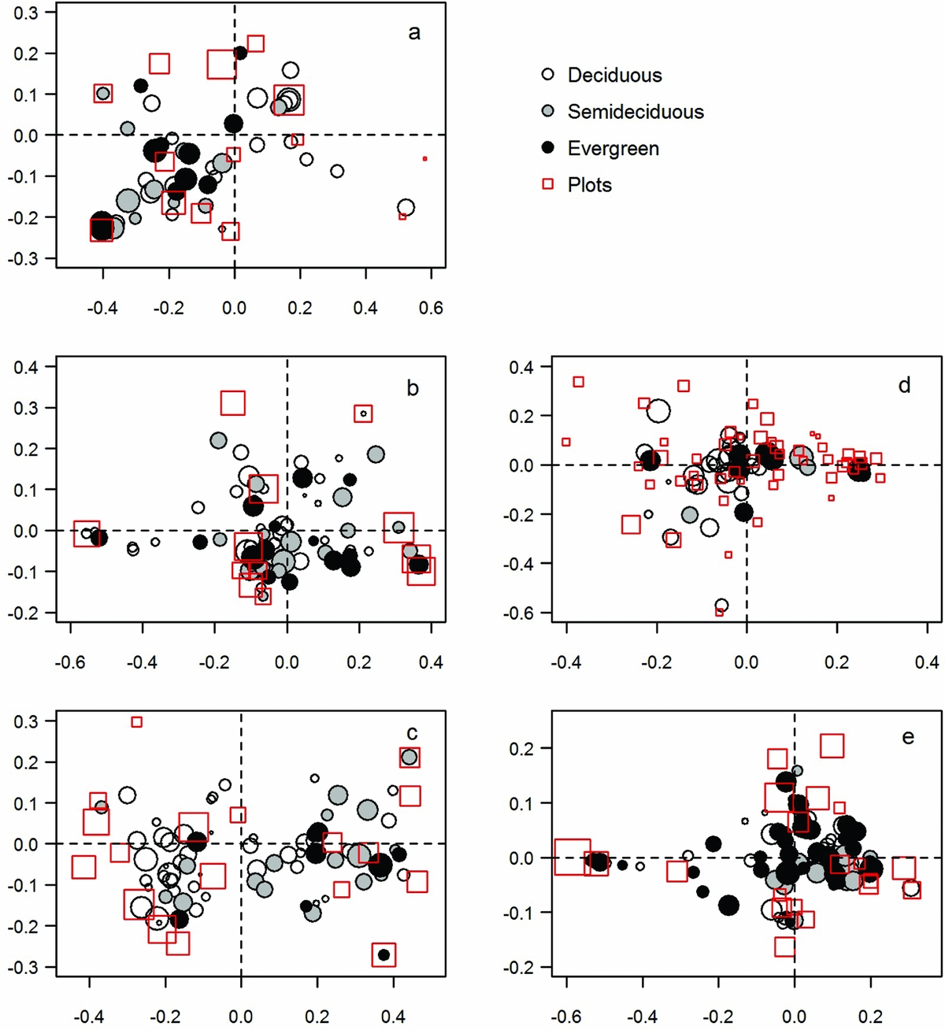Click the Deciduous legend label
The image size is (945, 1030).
pyautogui.click(x=614, y=76)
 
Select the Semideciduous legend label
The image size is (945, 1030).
pyautogui.click(x=636, y=112)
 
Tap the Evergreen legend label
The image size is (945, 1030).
pyautogui.click(x=613, y=149)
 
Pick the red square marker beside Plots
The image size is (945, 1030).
pyautogui.click(x=549, y=184)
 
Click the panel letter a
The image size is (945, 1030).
pyautogui.click(x=414, y=32)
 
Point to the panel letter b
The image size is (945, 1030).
pyautogui.click(x=413, y=388)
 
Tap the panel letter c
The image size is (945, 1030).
pyautogui.click(x=412, y=733)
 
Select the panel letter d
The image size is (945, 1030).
pyautogui.click(x=904, y=384)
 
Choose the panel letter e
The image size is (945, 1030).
pyautogui.click(x=908, y=737)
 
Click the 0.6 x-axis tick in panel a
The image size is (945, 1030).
pyautogui.click(x=431, y=308)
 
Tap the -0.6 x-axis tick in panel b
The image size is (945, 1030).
pyautogui.click(x=70, y=662)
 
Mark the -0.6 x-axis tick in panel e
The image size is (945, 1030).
pyautogui.click(x=565, y=1017)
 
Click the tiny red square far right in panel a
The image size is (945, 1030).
pyautogui.click(x=424, y=159)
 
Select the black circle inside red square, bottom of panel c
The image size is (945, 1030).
pyautogui.click(x=384, y=954)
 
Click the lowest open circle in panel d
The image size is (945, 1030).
pyautogui.click(x=721, y=606)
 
